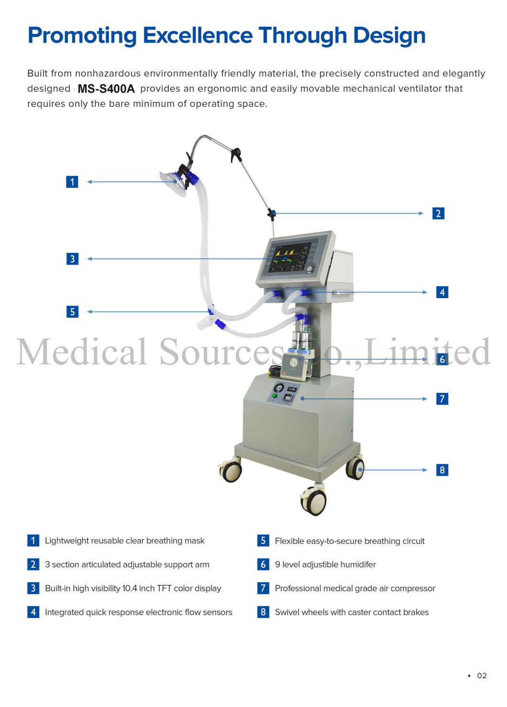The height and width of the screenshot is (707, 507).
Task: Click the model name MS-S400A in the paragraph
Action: pyautogui.click(x=106, y=88)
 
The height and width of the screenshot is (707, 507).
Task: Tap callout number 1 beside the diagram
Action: pyautogui.click(x=72, y=182)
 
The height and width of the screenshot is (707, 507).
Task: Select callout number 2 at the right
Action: pyautogui.click(x=438, y=213)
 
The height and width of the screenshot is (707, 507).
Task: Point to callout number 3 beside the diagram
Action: pyautogui.click(x=72, y=259)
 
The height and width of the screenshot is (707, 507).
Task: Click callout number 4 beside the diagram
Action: pyautogui.click(x=442, y=292)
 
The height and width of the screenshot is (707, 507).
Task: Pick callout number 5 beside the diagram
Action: pyautogui.click(x=72, y=312)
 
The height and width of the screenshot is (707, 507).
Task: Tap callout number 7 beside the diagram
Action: pyautogui.click(x=442, y=399)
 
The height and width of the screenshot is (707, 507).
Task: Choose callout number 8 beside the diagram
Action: pyautogui.click(x=442, y=470)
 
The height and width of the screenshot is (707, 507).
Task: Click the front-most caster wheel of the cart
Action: pyautogui.click(x=314, y=501)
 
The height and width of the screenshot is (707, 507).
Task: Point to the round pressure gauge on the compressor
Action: pyautogui.click(x=279, y=388)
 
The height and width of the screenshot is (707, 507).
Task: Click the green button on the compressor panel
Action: pyautogui.click(x=275, y=396)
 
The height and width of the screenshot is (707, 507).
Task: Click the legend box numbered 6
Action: pyautogui.click(x=263, y=564)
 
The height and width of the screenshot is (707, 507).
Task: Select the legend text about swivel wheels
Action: pyautogui.click(x=352, y=612)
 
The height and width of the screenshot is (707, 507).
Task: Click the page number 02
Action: pyautogui.click(x=482, y=675)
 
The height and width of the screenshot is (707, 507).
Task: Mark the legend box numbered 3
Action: pyautogui.click(x=33, y=588)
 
